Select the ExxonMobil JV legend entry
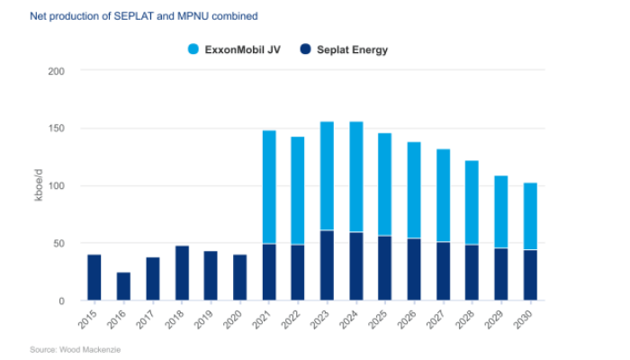236,49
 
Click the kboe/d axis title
39,185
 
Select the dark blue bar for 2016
123,286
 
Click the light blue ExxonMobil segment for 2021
269,187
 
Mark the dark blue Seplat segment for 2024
356,266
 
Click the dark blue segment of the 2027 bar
443,271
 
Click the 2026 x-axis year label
414,318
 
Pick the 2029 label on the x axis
501,318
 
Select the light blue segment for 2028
472,202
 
